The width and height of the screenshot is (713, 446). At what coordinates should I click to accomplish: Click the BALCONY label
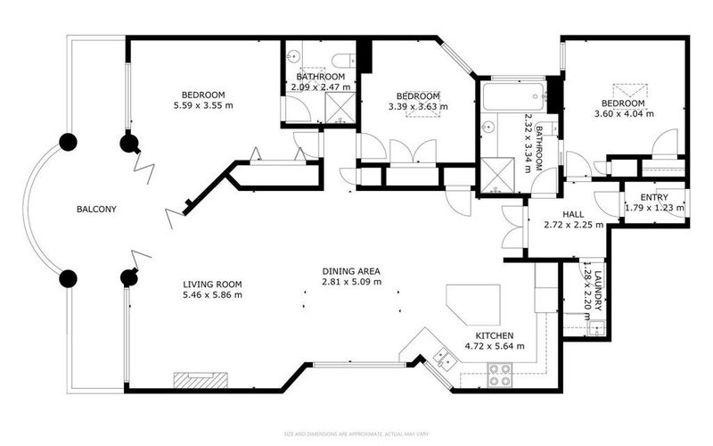click(x=97, y=210)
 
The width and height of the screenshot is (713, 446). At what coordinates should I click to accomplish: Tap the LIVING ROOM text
click(x=212, y=283)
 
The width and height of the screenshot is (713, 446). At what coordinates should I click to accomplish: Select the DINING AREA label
click(x=351, y=270)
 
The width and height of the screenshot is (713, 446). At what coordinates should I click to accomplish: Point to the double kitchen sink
click(x=443, y=359)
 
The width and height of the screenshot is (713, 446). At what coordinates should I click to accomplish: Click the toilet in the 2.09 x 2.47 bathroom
click(x=340, y=60)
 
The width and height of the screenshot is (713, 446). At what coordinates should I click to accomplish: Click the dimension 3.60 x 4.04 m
click(x=624, y=114)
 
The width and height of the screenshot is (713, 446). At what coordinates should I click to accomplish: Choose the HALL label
click(x=573, y=214)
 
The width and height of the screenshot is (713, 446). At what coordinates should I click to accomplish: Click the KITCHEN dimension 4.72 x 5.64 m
click(x=493, y=346)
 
